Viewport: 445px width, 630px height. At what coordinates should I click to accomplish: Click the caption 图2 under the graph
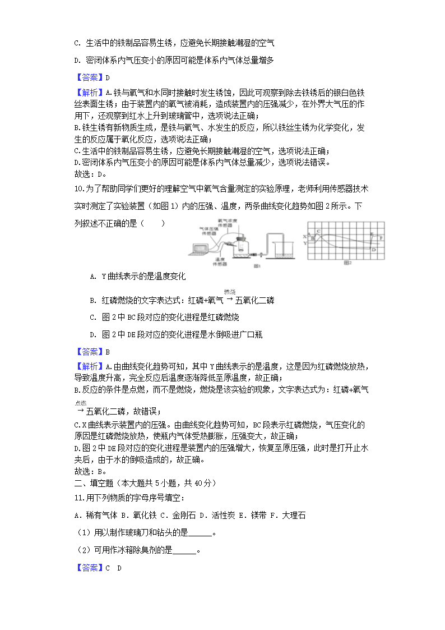(346, 263)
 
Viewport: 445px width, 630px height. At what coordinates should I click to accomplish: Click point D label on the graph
(373, 250)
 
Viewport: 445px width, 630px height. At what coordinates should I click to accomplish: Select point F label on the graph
(382, 238)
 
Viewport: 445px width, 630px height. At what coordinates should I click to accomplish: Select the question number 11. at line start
(78, 498)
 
